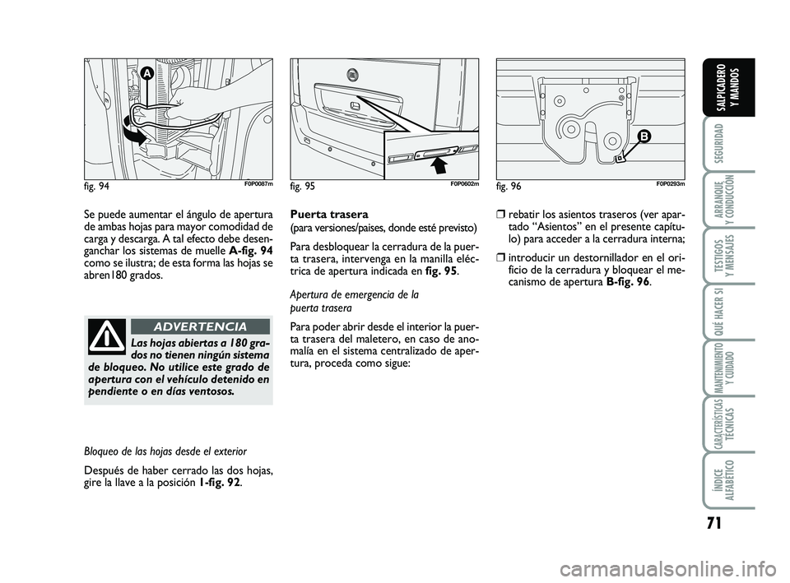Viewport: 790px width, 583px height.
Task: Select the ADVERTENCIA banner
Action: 201,326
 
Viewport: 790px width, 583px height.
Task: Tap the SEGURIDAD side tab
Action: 719,141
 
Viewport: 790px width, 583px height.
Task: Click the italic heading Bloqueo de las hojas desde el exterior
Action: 165,451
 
